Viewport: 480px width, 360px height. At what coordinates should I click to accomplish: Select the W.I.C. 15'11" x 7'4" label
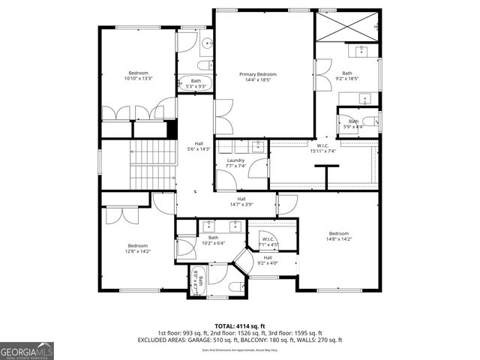(x=322, y=148)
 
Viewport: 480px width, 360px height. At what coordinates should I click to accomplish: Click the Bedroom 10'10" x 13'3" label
(x=138, y=75)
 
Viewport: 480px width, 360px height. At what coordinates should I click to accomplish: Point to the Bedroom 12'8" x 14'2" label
(x=138, y=248)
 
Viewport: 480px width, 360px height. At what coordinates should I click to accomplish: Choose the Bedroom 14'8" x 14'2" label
(x=338, y=236)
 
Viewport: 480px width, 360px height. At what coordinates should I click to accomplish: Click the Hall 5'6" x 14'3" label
(x=199, y=146)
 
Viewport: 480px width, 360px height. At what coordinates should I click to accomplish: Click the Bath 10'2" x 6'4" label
(x=214, y=240)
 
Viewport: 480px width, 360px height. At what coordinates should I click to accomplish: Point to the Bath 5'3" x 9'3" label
(x=196, y=83)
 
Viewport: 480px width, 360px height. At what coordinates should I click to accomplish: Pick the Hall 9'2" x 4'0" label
(x=268, y=260)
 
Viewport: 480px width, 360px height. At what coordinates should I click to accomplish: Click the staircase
(x=153, y=165)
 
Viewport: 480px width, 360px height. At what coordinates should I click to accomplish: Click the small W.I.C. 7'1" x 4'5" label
(x=268, y=242)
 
